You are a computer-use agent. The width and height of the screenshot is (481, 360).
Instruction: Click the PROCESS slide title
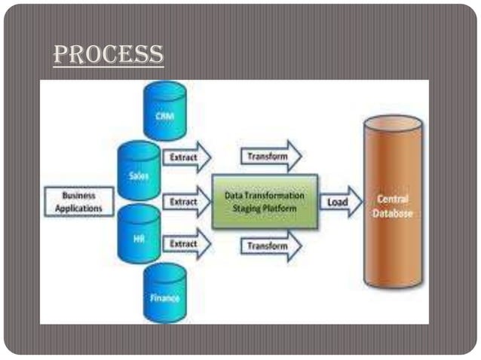tap(109, 54)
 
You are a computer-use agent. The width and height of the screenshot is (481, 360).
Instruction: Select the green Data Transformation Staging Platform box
tap(265, 201)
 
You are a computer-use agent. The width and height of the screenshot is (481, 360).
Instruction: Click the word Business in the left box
tap(78, 195)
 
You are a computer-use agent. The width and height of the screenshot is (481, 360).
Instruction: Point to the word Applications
tap(78, 208)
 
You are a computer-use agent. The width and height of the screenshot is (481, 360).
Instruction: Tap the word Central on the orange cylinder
tap(392, 200)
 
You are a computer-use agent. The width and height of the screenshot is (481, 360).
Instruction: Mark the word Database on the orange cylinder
tap(392, 213)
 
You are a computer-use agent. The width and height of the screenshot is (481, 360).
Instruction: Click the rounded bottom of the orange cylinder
tap(392, 282)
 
